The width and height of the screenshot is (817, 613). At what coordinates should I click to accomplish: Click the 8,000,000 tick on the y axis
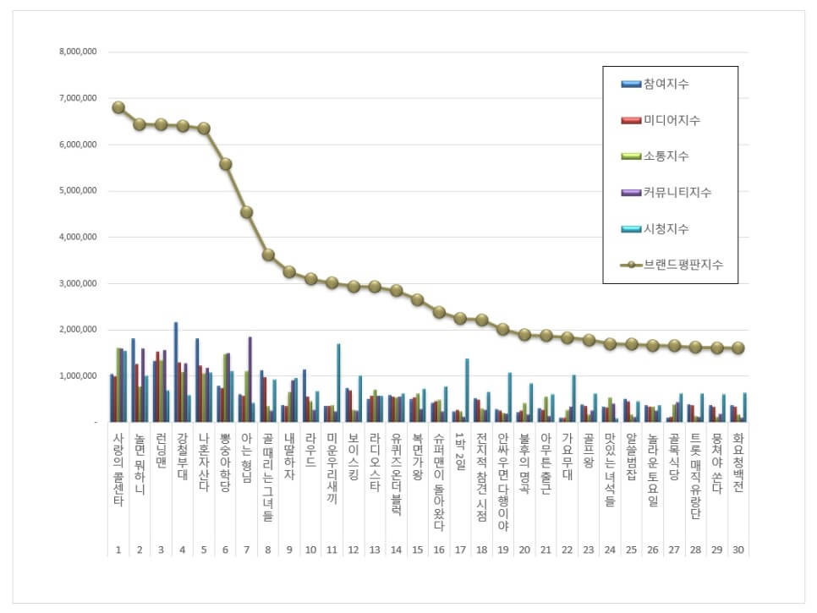[x=79, y=52]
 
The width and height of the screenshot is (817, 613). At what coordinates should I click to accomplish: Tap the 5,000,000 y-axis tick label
[x=79, y=190]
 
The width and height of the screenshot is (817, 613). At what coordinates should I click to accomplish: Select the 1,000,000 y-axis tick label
[x=79, y=375]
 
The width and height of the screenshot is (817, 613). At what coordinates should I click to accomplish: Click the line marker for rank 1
[x=118, y=107]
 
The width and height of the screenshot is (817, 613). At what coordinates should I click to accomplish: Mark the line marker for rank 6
[x=226, y=164]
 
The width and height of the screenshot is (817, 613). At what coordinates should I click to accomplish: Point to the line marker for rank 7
[x=247, y=212]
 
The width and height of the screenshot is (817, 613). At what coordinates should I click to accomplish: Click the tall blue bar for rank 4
[x=176, y=371]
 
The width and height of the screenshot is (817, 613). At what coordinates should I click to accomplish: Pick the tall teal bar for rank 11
[x=338, y=382]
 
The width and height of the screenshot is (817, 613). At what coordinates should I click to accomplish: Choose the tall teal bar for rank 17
[x=466, y=390]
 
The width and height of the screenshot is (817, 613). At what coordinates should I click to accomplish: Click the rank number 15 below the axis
[x=417, y=550]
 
